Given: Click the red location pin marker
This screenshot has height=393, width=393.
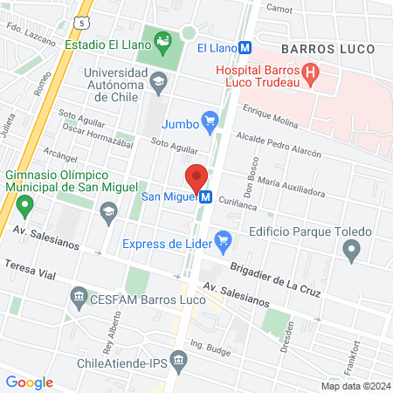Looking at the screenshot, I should pos(197,177).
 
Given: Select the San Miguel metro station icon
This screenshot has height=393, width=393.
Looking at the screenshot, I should pos(206,197).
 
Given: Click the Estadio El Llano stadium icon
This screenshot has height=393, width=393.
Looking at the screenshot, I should pos(162,40).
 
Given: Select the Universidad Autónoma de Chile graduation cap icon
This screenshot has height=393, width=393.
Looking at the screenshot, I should pos(158,84).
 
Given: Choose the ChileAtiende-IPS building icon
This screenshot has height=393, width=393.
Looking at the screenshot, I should pos(179,360).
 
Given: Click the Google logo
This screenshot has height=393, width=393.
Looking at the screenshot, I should pos(29,382).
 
